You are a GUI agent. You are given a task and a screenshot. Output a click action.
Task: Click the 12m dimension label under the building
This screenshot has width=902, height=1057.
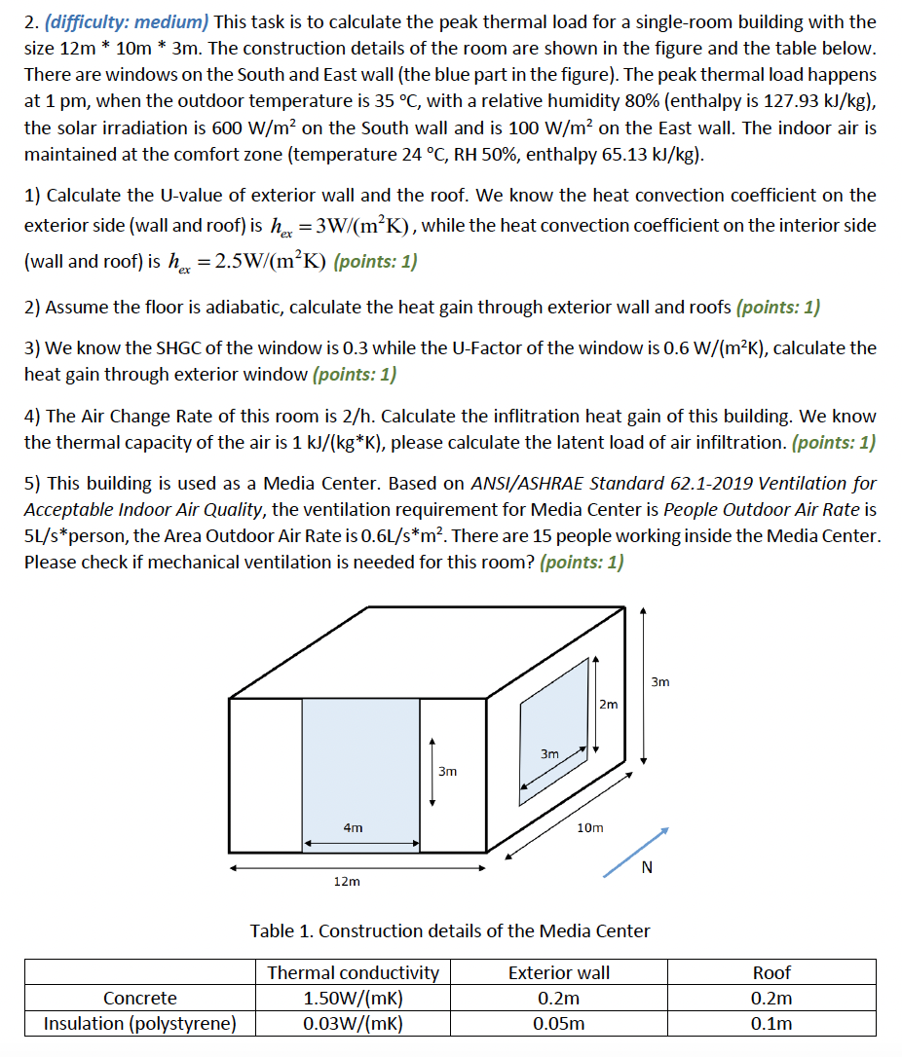tap(347, 881)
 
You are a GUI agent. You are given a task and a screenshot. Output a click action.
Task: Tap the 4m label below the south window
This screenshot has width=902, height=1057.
tap(354, 827)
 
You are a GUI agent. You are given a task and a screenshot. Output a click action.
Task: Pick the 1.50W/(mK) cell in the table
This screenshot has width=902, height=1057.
tap(353, 998)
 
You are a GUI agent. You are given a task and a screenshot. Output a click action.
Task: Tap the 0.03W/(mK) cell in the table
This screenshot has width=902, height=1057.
tap(353, 1023)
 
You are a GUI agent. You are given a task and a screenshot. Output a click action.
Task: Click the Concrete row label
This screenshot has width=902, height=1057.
tap(140, 998)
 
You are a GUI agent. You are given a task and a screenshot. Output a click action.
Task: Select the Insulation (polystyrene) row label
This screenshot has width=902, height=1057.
tap(140, 1023)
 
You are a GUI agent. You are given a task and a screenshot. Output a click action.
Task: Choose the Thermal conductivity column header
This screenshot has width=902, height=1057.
tap(353, 972)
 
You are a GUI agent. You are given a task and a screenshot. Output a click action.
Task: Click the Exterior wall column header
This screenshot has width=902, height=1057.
tap(559, 972)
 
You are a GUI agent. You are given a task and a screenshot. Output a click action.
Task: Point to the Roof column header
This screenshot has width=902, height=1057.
tap(771, 972)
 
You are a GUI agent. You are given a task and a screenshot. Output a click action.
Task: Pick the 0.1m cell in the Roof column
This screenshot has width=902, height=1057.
tap(771, 1023)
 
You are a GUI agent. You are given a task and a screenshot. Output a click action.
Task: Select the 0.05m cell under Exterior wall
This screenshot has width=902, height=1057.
tap(559, 1023)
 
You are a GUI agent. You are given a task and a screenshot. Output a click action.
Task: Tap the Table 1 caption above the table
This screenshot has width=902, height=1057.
tap(450, 930)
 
